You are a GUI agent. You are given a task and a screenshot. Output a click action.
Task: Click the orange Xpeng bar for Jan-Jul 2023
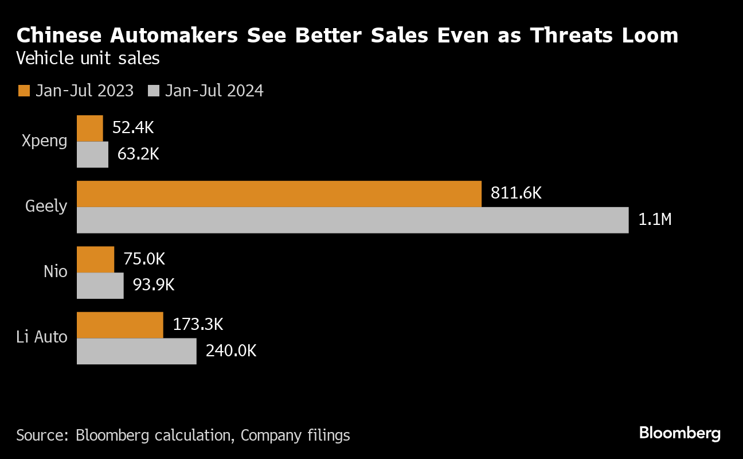coord(90,128)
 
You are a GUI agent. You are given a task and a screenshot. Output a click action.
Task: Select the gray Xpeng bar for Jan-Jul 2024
coord(92,154)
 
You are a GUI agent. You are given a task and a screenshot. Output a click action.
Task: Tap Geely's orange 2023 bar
coord(279,193)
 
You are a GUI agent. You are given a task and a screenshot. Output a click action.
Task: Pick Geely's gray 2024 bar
coord(353,220)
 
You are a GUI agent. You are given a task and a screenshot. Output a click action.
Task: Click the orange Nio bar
coord(95,259)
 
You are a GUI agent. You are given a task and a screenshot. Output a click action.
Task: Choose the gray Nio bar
coord(100,286)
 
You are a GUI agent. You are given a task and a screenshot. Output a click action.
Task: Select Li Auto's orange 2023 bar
coord(120,325)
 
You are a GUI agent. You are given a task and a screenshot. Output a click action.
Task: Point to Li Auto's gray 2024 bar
coord(136,351)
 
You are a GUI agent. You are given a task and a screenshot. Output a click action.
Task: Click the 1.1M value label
coord(654,219)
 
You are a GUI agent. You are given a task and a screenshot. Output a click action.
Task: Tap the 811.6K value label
coord(516,193)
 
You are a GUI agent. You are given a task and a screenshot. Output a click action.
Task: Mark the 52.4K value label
coord(133,128)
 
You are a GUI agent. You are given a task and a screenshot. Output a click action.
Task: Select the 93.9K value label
coord(153,285)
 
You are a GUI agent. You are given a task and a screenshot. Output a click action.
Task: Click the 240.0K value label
coord(231,351)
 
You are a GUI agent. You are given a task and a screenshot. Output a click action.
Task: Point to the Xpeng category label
coord(44,141)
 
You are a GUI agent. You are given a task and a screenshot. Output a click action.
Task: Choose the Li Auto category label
coord(42,337)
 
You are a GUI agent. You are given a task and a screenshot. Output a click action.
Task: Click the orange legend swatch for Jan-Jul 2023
coord(24,91)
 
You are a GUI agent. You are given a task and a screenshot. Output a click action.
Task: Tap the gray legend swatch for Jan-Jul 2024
coord(153,91)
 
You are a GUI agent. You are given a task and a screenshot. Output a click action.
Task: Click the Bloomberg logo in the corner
coord(679,433)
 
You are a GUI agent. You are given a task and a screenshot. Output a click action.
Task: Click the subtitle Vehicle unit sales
coord(88,59)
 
